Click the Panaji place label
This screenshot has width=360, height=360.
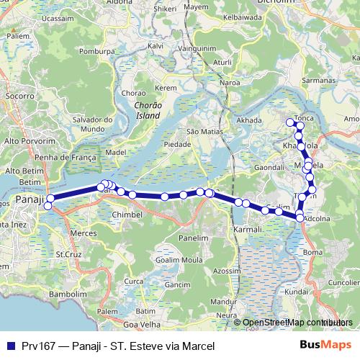[x=30, y=199]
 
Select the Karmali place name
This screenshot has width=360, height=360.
[x=247, y=229]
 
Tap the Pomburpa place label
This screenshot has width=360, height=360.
[x=98, y=52]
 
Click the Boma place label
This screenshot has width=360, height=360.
[x=313, y=252]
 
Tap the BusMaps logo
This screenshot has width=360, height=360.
[x=321, y=345]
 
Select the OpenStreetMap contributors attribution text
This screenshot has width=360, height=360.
[x=297, y=323]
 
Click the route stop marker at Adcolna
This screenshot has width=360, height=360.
[x=300, y=217]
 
